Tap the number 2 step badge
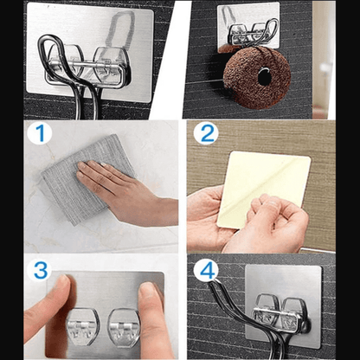point(205,135)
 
